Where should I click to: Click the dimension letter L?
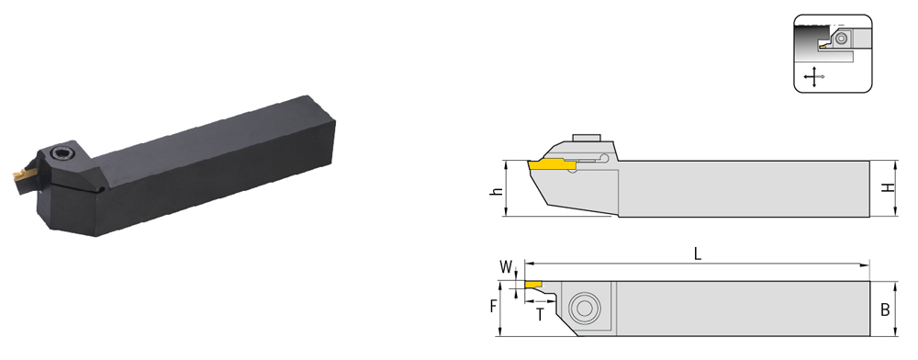(698, 253)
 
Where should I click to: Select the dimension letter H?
(889, 188)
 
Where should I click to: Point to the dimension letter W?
(506, 267)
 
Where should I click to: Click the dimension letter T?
(540, 316)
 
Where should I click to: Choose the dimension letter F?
(493, 307)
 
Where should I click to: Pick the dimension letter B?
(885, 309)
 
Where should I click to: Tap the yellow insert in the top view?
(532, 285)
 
